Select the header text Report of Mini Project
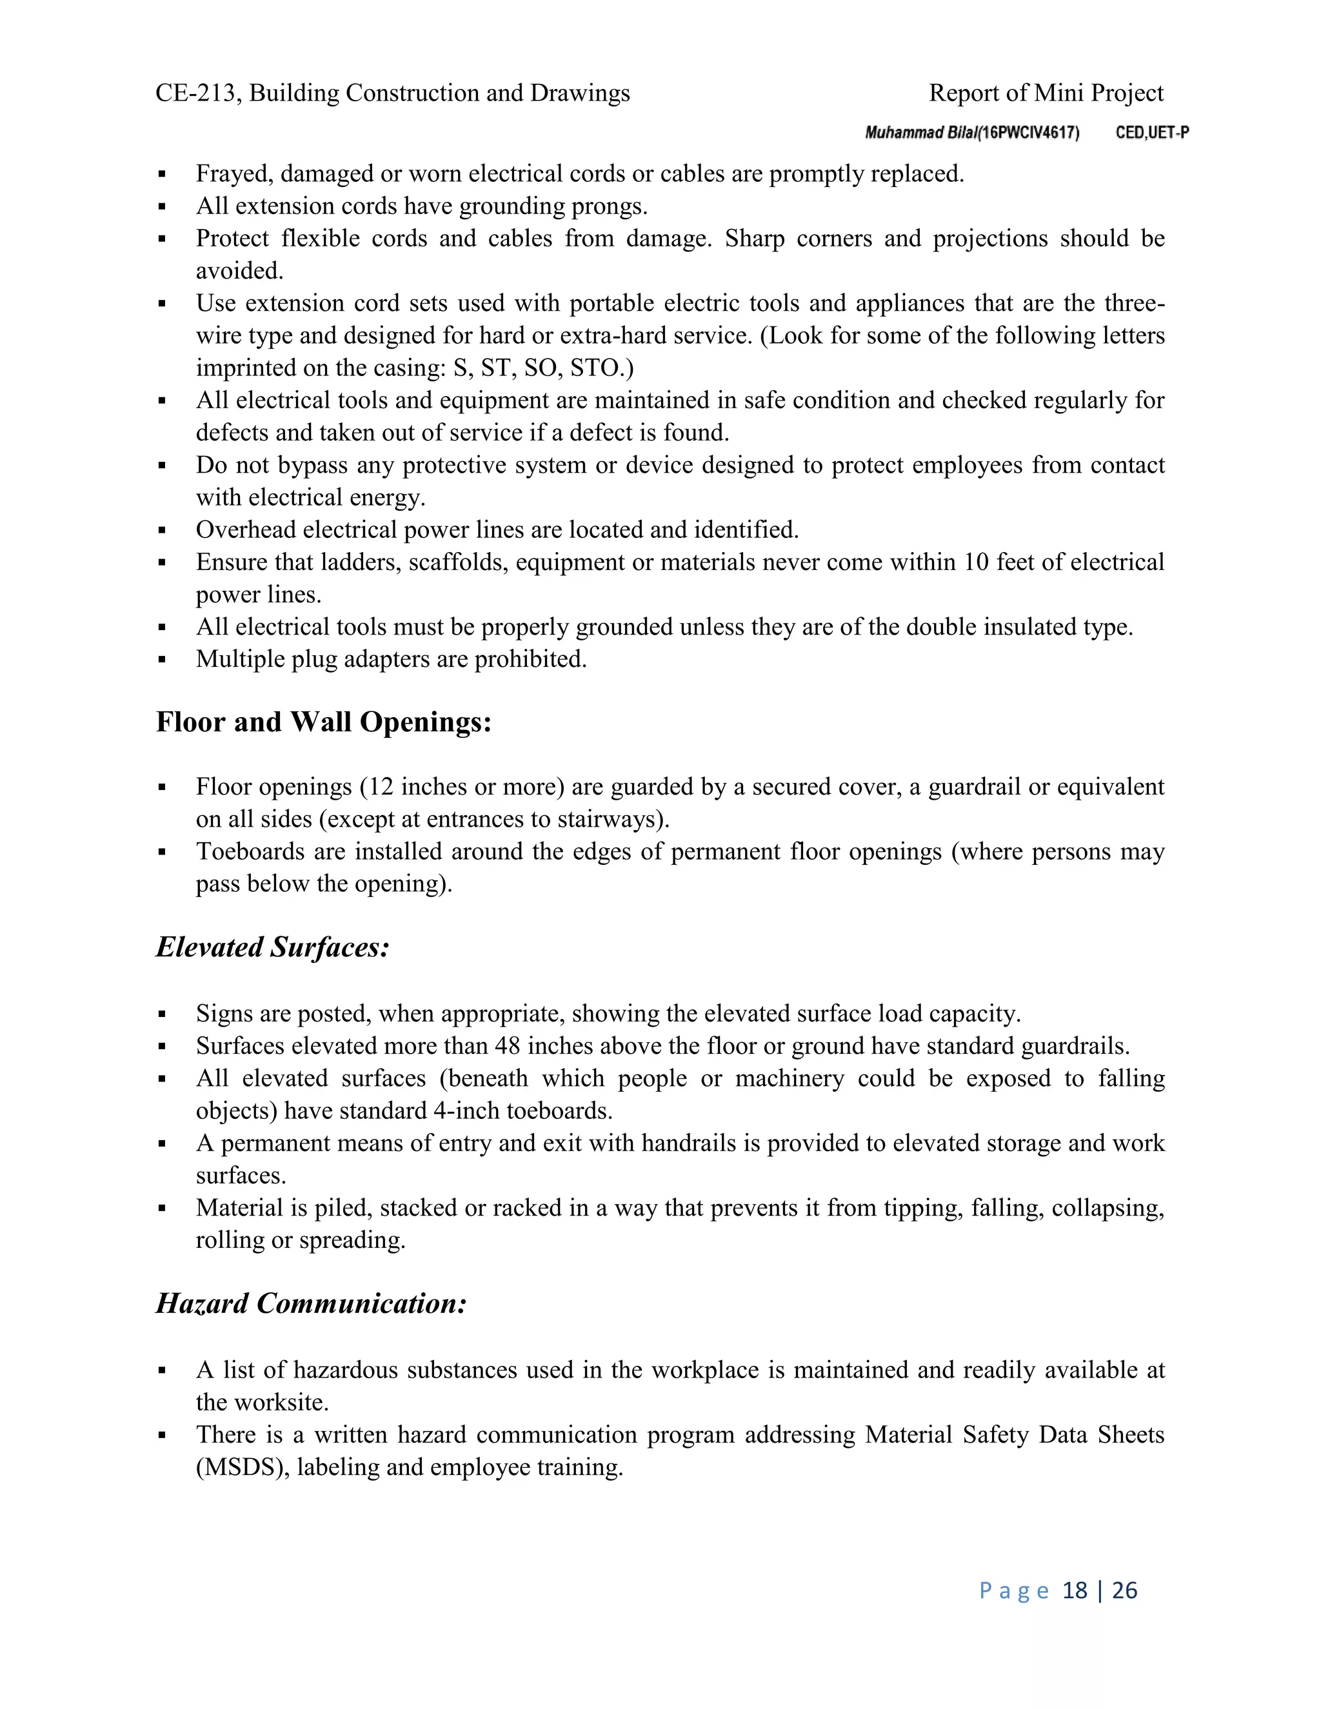pos(1046,93)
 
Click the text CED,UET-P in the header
pos(1152,133)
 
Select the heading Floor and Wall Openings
pos(323,722)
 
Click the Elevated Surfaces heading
pos(272,947)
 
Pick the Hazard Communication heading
pos(311,1303)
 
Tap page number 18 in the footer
pos(1075,1590)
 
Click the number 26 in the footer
pos(1124,1590)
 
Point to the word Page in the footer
pos(1013,1590)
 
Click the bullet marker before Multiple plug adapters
pos(162,660)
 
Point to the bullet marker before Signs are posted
pos(162,1014)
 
